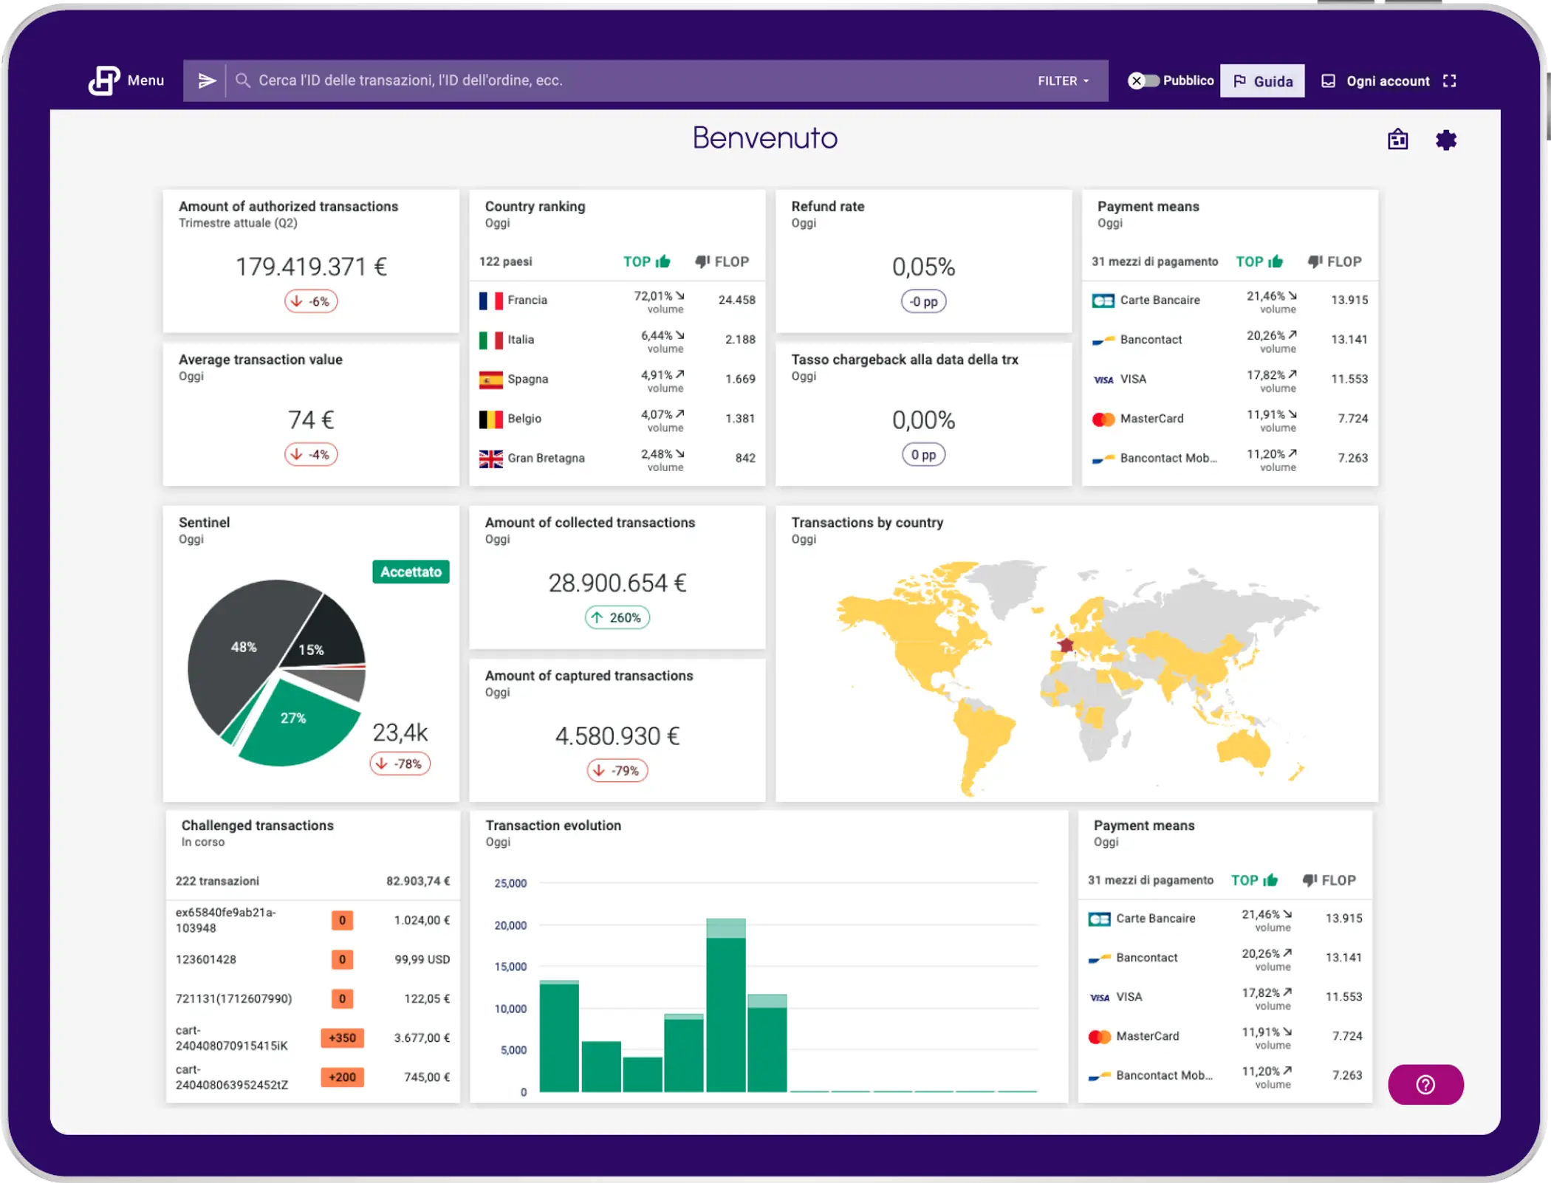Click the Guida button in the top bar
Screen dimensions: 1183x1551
1261,81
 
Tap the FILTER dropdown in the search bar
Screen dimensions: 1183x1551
1063,81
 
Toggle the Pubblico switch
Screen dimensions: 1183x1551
1143,81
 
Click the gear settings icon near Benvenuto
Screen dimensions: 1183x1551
1445,140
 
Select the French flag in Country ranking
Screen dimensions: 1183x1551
490,301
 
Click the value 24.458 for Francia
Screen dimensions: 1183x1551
736,301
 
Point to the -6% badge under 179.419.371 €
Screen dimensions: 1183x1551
311,301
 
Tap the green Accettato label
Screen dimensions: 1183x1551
411,572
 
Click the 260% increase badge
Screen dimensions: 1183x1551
617,617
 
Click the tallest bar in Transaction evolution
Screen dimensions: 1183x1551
725,1012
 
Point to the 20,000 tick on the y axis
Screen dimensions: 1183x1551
510,925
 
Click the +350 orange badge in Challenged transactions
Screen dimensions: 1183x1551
342,1038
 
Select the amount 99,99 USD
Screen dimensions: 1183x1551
422,959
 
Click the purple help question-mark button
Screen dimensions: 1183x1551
1425,1085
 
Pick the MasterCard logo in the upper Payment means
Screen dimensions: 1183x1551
1103,419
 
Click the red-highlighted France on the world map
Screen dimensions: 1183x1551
1066,645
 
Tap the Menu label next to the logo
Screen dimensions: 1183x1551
145,80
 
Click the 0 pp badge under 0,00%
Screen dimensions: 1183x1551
923,455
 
